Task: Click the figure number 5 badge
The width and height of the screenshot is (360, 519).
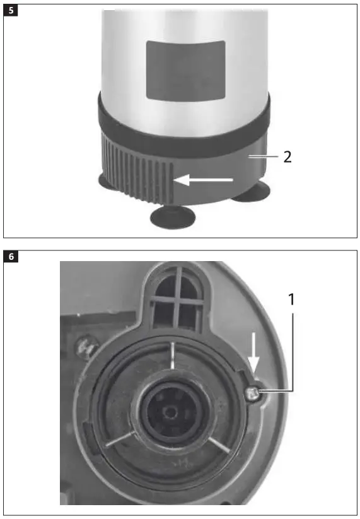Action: tap(11, 11)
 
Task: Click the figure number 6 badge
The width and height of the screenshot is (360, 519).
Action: tap(11, 257)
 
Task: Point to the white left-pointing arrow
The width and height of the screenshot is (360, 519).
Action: tap(203, 180)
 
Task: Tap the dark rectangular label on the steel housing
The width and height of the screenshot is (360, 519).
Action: tap(185, 69)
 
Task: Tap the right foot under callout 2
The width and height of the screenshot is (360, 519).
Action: tap(251, 194)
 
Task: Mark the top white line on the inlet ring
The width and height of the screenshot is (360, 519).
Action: tap(171, 356)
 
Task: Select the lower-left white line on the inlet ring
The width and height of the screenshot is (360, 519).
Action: tap(119, 440)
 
